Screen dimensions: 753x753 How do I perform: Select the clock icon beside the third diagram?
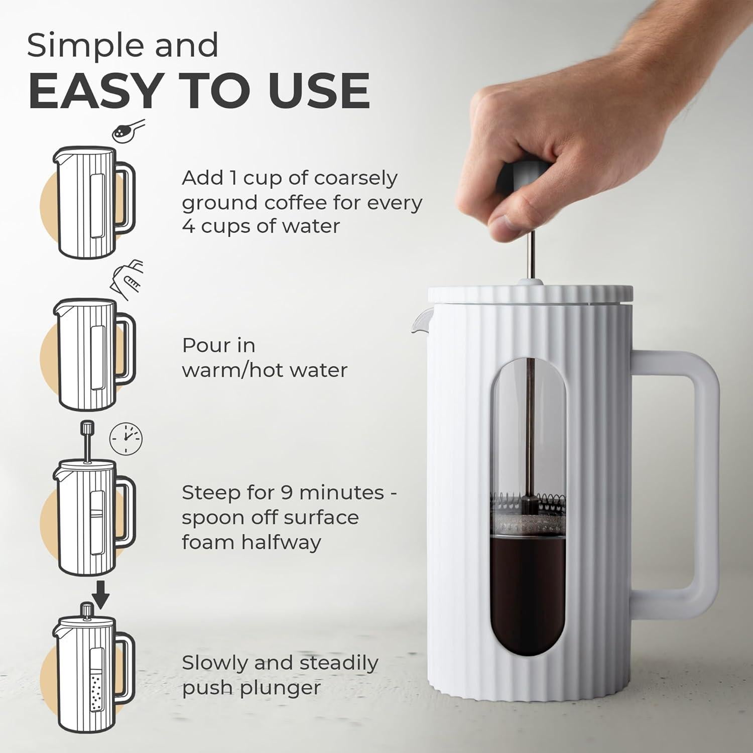point(126,438)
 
